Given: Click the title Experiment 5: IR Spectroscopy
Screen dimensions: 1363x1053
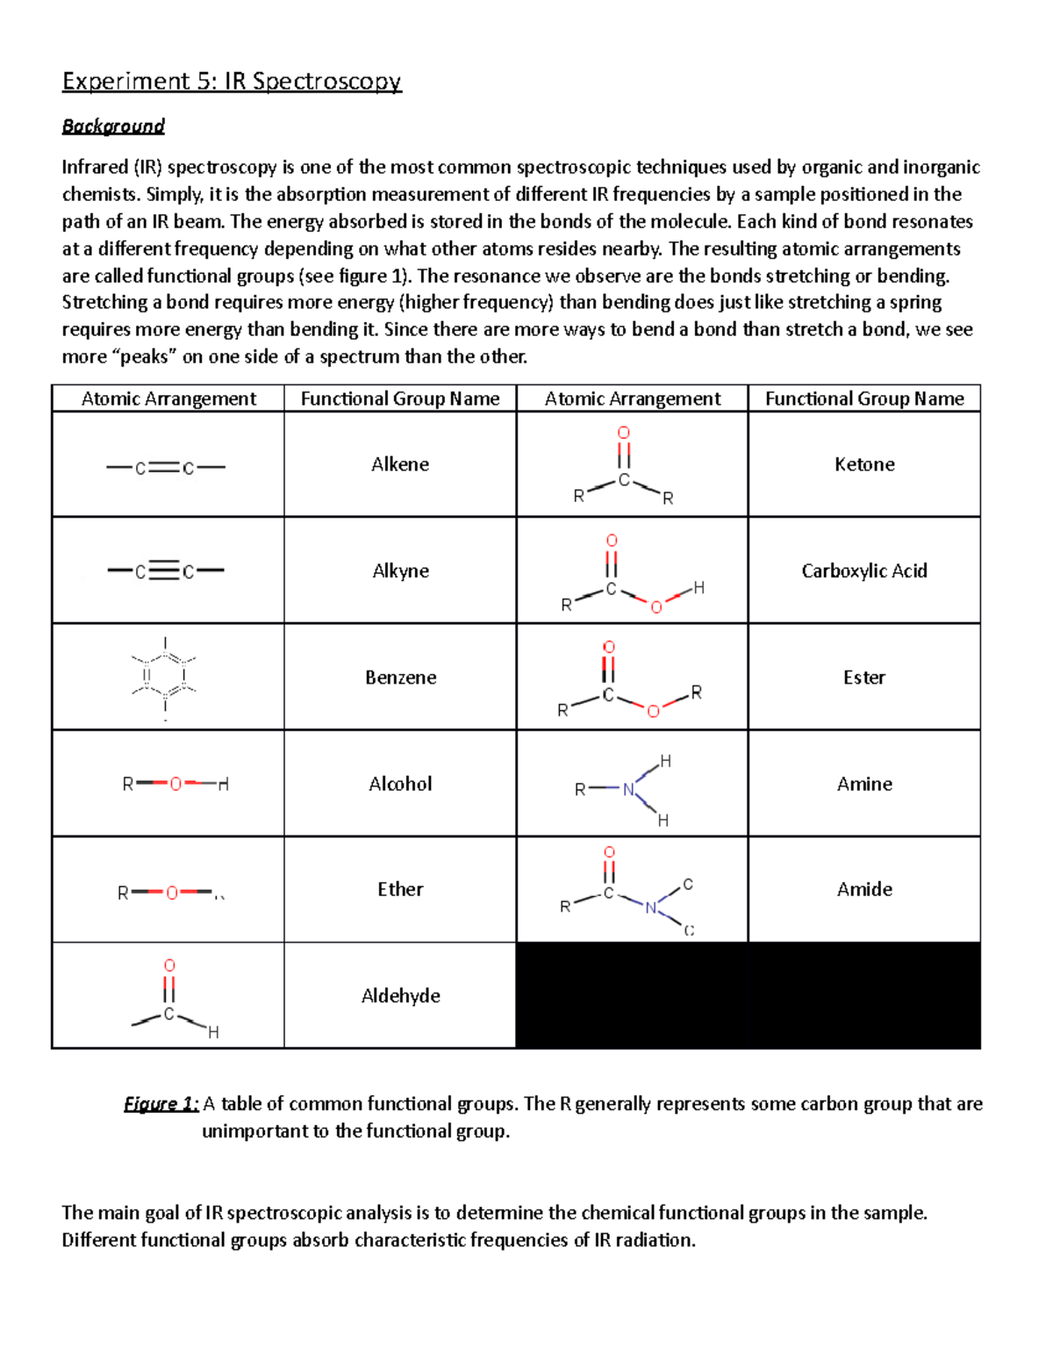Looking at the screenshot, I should (x=232, y=82).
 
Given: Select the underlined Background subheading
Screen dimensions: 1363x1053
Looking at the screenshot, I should (x=113, y=126).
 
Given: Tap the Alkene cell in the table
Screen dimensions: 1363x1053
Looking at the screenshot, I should (x=400, y=464).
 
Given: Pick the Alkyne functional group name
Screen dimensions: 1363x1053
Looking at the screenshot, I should (x=400, y=570).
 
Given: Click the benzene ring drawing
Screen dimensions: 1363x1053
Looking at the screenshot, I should (x=165, y=676).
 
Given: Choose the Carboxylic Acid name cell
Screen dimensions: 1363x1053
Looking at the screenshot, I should (x=864, y=570).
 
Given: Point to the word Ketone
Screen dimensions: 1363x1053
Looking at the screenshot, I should (x=864, y=464).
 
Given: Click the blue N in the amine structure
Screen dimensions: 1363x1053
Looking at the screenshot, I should (x=628, y=789).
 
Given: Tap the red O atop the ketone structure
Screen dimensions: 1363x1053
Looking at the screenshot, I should (x=624, y=433).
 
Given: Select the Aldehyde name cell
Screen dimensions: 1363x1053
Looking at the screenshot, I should (x=400, y=995).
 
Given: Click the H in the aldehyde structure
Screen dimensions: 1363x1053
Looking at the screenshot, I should (x=213, y=1033).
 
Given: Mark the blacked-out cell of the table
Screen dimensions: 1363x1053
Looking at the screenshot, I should (x=748, y=995).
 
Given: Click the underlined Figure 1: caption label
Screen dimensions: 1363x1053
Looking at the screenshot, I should (x=161, y=1104).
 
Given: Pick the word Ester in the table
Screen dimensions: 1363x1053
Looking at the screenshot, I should (x=864, y=678).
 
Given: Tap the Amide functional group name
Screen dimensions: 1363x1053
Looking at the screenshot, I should (x=864, y=889).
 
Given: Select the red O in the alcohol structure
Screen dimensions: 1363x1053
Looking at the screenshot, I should (x=175, y=784).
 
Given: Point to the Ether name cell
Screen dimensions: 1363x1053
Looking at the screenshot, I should (x=400, y=889).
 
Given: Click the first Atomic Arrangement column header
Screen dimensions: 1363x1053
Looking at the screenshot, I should (x=168, y=398).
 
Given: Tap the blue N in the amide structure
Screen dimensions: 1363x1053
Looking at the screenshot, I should (x=650, y=907).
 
